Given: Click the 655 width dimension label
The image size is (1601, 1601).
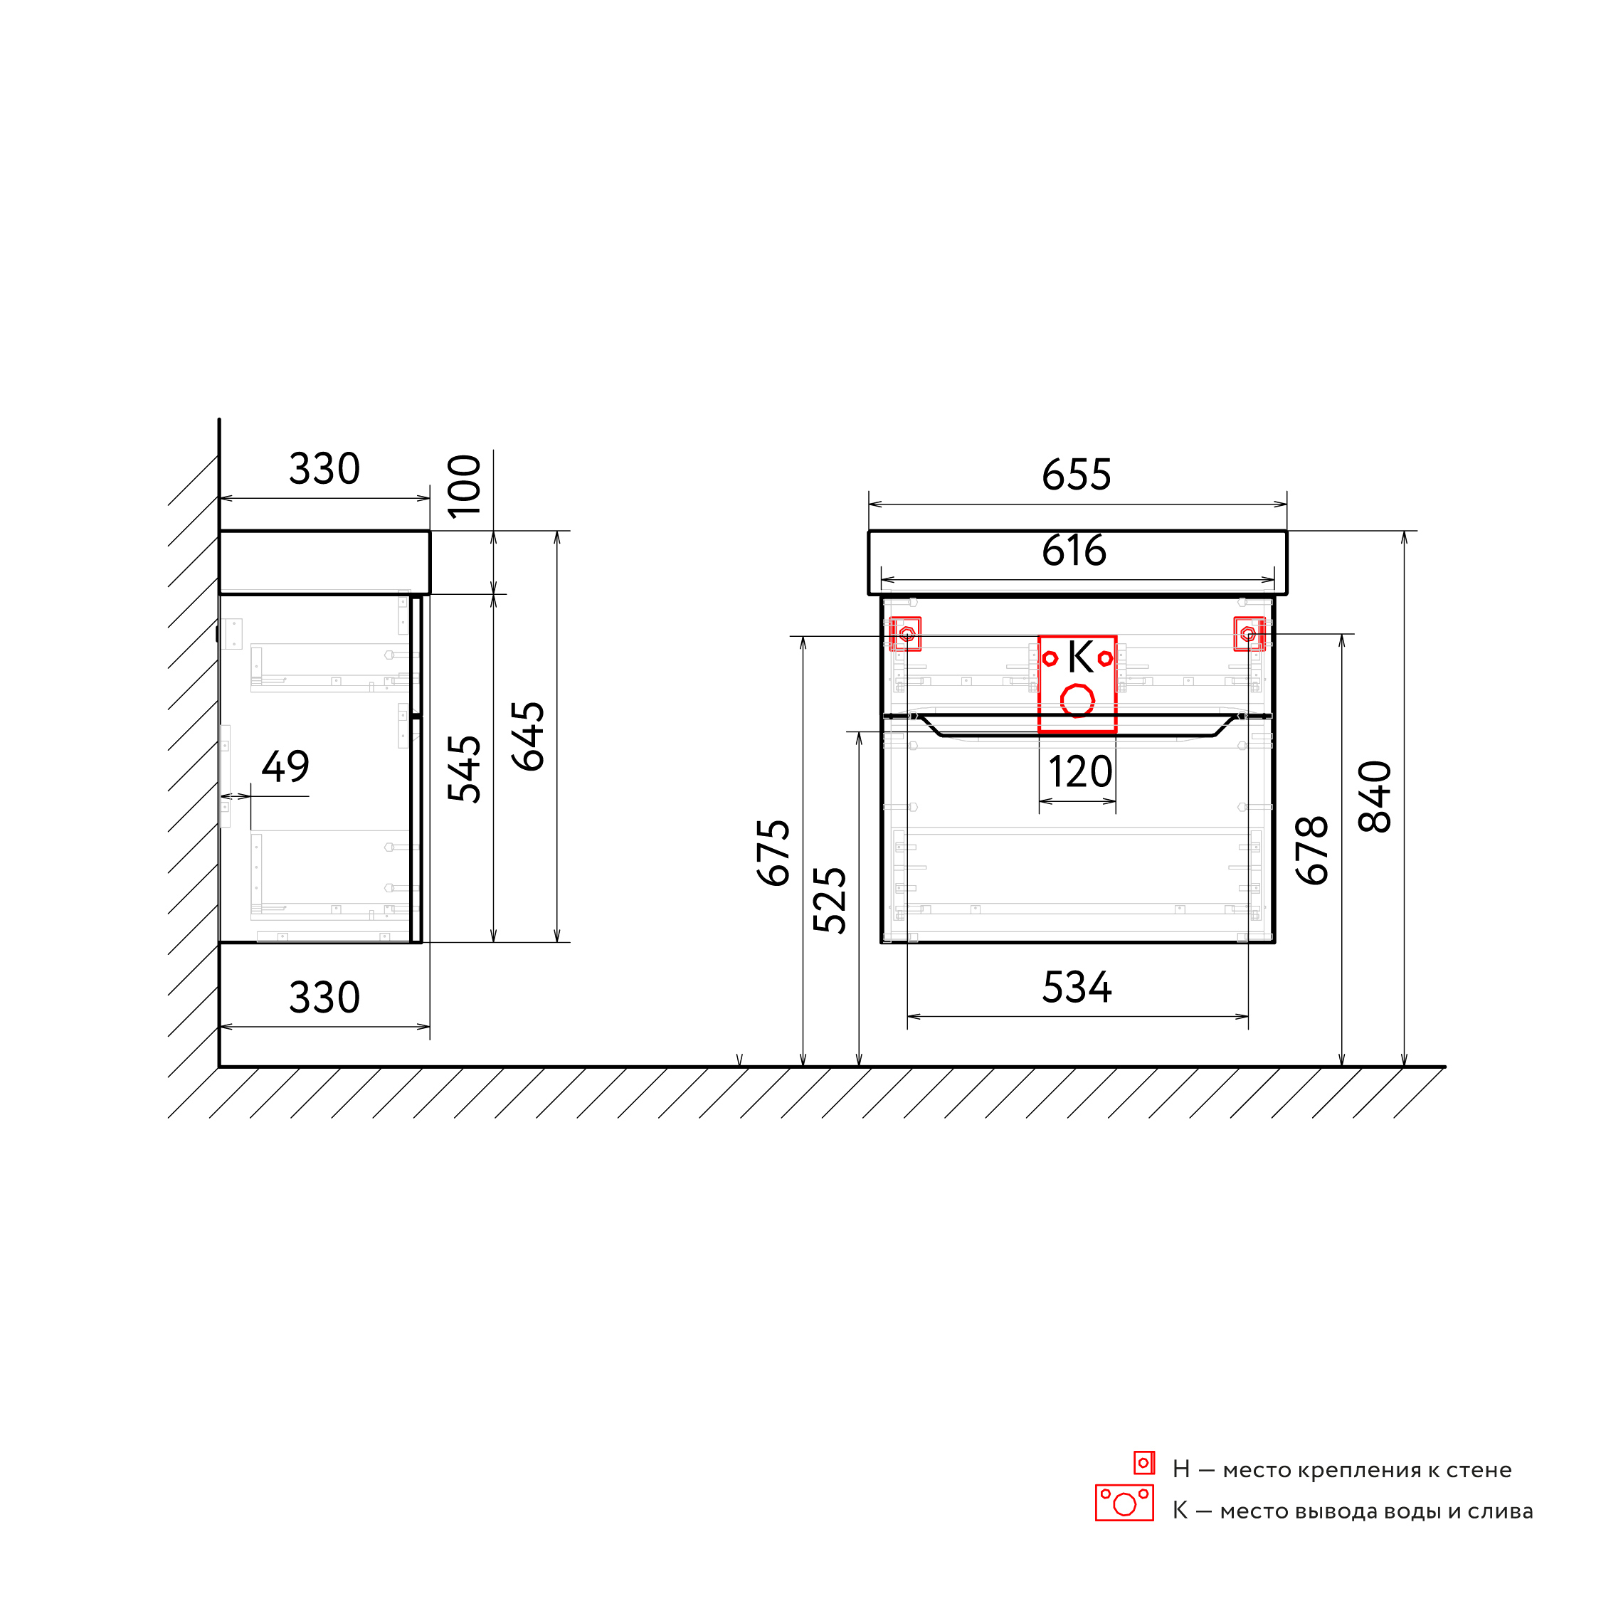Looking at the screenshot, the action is (x=1077, y=475).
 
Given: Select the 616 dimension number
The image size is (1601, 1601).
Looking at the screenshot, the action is (x=1074, y=551).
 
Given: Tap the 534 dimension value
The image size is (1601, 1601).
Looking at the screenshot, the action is (x=1077, y=988).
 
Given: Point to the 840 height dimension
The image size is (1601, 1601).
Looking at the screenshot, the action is (x=1375, y=796).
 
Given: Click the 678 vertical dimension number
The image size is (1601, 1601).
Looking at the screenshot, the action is (x=1313, y=850).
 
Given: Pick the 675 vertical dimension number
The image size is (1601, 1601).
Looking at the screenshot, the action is (x=774, y=852).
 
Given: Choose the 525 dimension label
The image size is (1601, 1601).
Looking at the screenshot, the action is (x=830, y=901).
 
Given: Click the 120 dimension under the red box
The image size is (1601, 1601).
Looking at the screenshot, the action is (x=1079, y=772).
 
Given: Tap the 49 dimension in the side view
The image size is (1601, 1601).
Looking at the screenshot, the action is (x=286, y=766).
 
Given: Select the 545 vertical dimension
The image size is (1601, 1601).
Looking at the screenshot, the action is (x=464, y=769).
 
